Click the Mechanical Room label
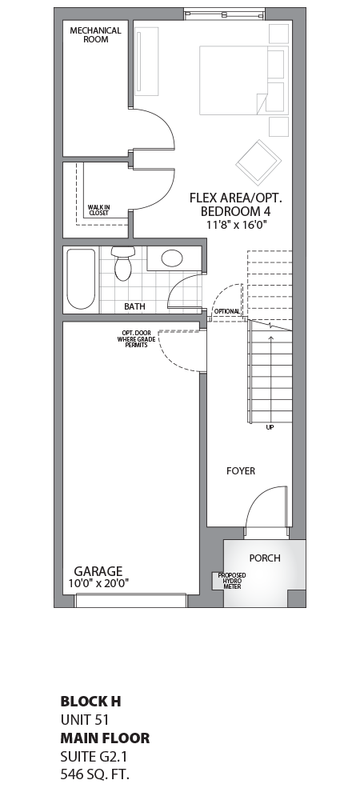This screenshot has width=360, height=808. click(95, 35)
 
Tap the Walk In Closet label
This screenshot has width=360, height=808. click(99, 210)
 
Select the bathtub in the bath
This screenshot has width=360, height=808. click(80, 279)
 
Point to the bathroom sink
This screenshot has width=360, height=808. click(172, 258)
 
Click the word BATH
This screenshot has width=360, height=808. click(134, 306)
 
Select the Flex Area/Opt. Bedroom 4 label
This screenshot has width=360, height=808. click(236, 204)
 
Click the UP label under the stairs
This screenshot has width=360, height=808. click(270, 427)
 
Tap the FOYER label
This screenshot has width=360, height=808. click(240, 471)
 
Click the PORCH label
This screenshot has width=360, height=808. click(265, 558)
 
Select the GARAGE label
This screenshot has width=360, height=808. click(98, 571)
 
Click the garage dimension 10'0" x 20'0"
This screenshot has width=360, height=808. click(98, 584)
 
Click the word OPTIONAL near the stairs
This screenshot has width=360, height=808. click(226, 310)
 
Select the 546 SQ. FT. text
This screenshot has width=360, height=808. click(94, 774)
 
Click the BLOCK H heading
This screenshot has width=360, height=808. click(90, 702)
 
